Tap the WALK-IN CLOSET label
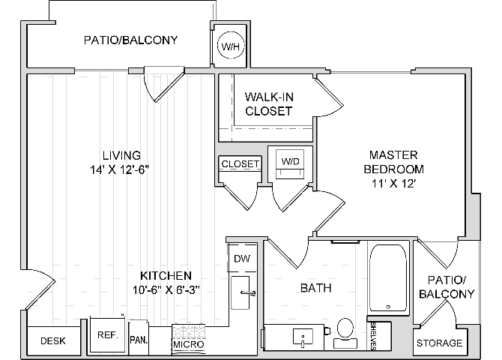click(269, 103)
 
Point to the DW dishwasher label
click(242, 259)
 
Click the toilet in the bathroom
click(345, 334)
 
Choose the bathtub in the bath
click(388, 278)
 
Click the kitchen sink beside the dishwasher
click(240, 292)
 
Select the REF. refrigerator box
click(108, 336)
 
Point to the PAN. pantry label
click(139, 340)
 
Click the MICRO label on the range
click(188, 344)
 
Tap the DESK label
click(53, 340)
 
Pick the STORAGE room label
click(439, 343)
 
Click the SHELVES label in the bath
click(373, 336)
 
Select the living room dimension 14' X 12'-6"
click(120, 170)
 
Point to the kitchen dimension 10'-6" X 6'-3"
click(166, 290)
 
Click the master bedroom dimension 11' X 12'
click(393, 184)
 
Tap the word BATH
click(315, 288)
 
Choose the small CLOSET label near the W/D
click(240, 163)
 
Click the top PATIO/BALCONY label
click(130, 40)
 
